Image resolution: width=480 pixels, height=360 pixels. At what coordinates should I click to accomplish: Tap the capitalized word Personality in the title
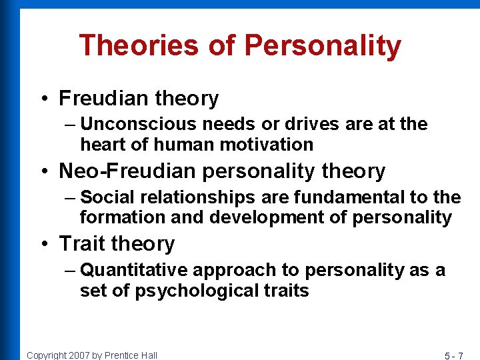click(x=323, y=46)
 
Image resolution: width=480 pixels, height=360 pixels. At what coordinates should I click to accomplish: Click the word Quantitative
click(x=134, y=270)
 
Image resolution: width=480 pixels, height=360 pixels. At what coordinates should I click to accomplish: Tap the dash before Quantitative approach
click(x=71, y=271)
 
